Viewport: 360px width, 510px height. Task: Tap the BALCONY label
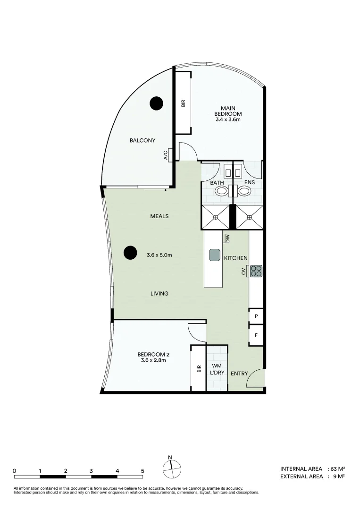pos(142,140)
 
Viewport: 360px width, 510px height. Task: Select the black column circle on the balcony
pos(156,102)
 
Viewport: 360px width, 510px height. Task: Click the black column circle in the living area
pos(131,253)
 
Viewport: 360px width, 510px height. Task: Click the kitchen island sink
pos(215,255)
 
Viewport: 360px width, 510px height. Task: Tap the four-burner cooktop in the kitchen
pos(256,271)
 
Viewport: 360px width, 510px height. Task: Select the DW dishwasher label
pos(227,239)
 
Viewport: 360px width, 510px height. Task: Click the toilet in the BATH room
pos(221,191)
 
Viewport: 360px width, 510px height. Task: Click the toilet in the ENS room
pos(244,191)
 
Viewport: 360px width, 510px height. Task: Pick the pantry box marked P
pos(256,316)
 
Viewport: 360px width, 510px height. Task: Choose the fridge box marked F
pos(256,335)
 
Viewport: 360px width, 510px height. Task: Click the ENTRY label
pos(239,374)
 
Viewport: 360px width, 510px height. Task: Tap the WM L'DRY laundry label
pos(217,369)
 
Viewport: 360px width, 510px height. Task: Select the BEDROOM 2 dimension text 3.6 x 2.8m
pos(153,360)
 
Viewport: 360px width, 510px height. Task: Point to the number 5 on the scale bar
pos(142,471)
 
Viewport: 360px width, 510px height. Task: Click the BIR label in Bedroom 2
pos(199,369)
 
